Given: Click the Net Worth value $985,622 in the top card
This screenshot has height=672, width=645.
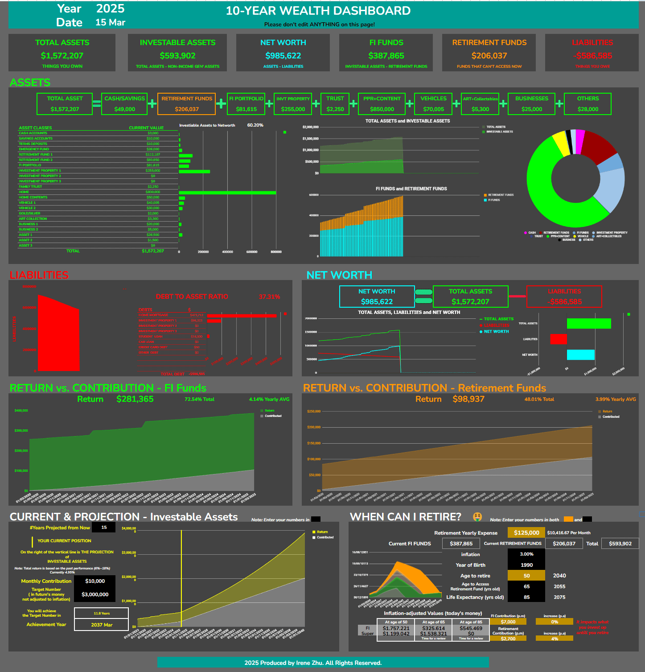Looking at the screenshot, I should point(283,56).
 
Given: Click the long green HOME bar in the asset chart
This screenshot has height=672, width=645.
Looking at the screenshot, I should point(227,192).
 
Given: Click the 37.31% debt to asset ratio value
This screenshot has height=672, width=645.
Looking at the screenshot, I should point(269,297).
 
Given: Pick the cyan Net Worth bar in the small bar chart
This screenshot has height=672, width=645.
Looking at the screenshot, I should point(580,355).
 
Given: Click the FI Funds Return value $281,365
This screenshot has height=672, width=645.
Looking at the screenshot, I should point(135,399).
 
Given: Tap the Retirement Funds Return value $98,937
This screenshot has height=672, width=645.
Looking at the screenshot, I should point(468,399).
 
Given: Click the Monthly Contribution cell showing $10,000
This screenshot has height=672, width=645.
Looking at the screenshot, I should point(95,581).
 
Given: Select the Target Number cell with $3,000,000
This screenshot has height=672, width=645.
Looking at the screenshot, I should point(95,594).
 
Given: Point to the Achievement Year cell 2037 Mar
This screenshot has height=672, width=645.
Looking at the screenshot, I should point(102,625).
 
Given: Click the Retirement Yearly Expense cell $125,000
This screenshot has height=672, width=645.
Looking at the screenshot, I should point(526,532).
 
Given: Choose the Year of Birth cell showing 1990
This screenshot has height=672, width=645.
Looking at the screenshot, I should point(526,565).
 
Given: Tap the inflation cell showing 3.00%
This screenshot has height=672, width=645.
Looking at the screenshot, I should point(526,554).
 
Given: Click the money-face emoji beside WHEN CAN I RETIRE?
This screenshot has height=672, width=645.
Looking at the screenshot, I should point(477,517).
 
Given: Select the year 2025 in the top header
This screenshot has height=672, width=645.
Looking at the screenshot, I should point(111,9).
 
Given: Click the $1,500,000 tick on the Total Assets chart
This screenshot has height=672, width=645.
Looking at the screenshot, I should point(310,139).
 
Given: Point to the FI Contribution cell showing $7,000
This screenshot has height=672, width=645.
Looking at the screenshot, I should point(508,622).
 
